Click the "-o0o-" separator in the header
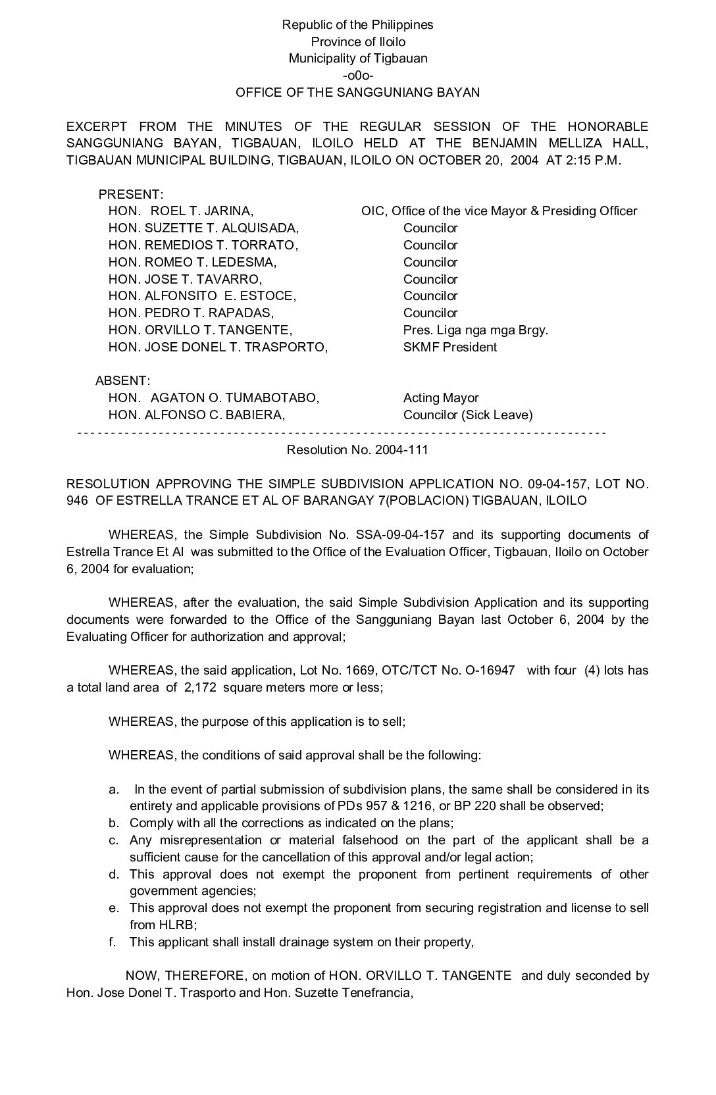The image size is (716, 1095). coord(357,75)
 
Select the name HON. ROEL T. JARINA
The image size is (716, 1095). coord(181,211)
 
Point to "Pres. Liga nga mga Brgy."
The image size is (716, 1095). coord(475,330)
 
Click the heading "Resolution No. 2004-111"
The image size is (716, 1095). coord(357,449)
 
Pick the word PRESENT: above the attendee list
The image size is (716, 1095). coord(130,194)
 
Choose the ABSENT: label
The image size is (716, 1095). coord(122,380)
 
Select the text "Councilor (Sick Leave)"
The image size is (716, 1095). coord(468,415)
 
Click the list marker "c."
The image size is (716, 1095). coord(114,840)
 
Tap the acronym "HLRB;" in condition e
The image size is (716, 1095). coord(145,925)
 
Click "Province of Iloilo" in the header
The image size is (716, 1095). coord(358,41)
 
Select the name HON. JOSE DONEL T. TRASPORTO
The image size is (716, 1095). coord(218,347)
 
